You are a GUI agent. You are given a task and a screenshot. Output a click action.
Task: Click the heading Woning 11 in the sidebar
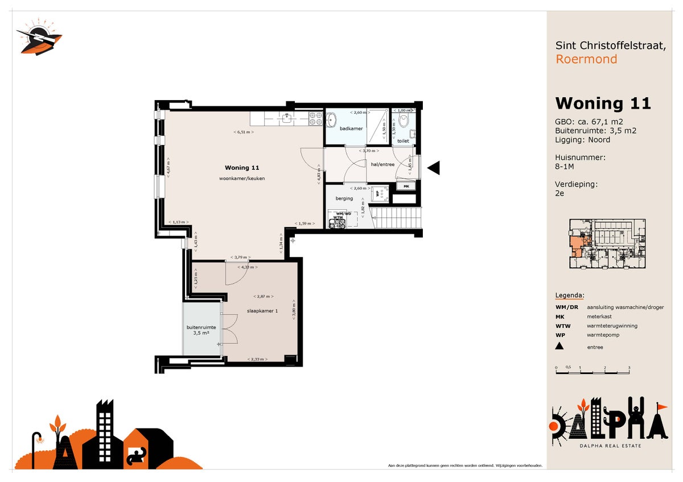tap(603, 103)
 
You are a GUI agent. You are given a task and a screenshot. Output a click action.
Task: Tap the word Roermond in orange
tap(586, 59)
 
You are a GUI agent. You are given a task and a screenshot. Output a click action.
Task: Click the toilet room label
tap(403, 140)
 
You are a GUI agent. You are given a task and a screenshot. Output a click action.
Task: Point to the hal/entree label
tap(382, 164)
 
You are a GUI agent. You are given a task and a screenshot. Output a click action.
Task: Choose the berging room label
tap(344, 198)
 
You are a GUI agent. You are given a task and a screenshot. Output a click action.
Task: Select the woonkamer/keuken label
tap(242, 178)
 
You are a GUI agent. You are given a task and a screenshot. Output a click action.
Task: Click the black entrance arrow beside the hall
tap(434, 168)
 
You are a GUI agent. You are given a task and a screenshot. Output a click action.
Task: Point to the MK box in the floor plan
tap(406, 186)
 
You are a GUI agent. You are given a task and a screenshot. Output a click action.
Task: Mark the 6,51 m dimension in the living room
tap(243, 132)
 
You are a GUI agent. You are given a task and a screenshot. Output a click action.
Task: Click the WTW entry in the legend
tap(560, 326)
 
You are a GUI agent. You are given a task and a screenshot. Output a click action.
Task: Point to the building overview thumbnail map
tap(607, 244)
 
